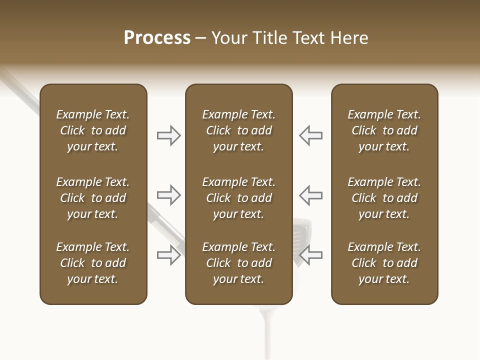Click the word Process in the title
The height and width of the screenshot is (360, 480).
(157, 38)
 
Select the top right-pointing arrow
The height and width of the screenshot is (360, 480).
(169, 135)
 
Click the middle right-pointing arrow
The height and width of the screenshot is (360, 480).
(169, 195)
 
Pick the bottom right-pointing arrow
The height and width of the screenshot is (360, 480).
(169, 255)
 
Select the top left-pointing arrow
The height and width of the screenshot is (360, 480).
(310, 135)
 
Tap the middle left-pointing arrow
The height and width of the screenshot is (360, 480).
(310, 195)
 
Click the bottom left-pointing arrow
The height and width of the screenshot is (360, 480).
(310, 255)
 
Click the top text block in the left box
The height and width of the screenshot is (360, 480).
(93, 130)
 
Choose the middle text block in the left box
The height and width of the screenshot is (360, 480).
(93, 198)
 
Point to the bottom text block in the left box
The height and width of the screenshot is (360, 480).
(93, 263)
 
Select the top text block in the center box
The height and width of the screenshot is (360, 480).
(238, 130)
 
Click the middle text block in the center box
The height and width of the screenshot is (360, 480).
(238, 198)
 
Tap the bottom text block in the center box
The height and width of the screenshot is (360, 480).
(238, 263)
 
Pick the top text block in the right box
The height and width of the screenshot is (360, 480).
(384, 130)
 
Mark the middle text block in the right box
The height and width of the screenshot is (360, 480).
(384, 198)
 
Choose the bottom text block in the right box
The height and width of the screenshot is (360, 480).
(384, 263)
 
